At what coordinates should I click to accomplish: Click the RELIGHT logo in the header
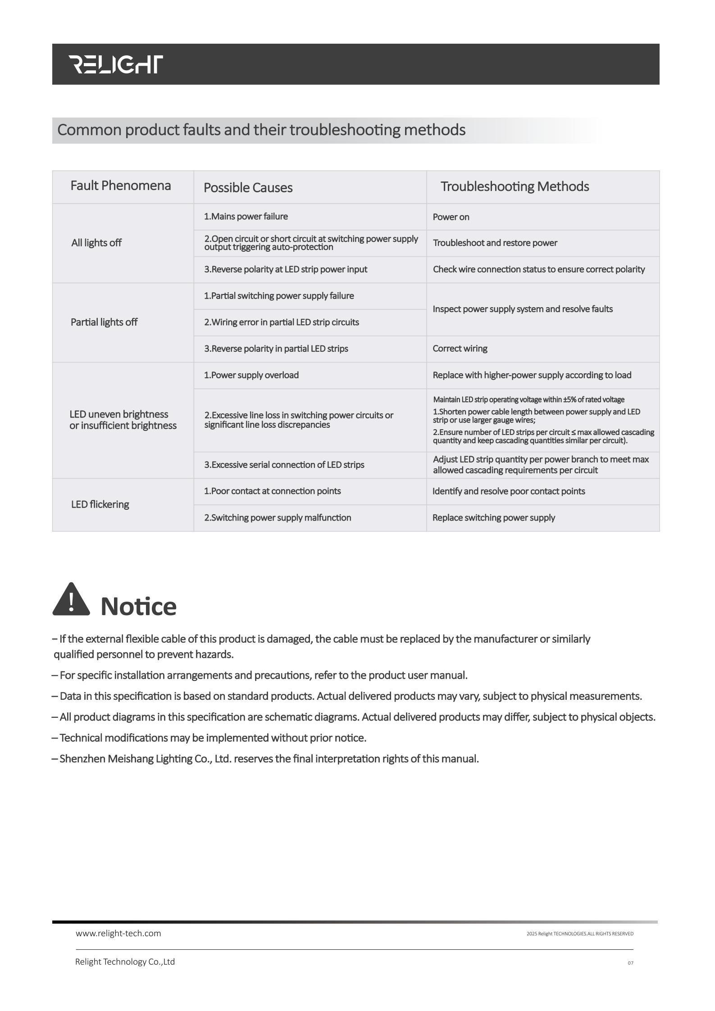pos(115,64)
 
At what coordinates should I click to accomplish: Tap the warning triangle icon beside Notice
pos(71,599)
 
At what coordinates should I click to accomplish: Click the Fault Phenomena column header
pos(120,186)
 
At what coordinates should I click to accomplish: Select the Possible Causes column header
pos(248,187)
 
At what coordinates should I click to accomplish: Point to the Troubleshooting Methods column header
pos(515,186)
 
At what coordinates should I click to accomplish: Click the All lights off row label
pos(96,243)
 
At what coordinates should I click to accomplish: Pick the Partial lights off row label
pos(104,322)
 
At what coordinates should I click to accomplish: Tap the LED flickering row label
pos(100,504)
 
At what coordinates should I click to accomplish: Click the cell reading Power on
pos(451,217)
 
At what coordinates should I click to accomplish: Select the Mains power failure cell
pos(246,217)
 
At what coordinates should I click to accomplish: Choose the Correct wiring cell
pos(460,349)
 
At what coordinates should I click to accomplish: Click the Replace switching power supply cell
pos(494,518)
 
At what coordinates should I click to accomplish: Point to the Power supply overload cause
pos(251,375)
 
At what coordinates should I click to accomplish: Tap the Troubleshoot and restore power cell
pos(495,243)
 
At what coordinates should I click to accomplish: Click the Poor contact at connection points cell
pos(273,491)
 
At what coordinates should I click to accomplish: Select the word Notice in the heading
pos(138,607)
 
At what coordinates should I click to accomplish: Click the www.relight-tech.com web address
pos(118,934)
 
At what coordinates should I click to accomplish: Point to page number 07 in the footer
pos(630,963)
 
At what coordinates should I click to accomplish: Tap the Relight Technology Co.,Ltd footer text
pos(125,962)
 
